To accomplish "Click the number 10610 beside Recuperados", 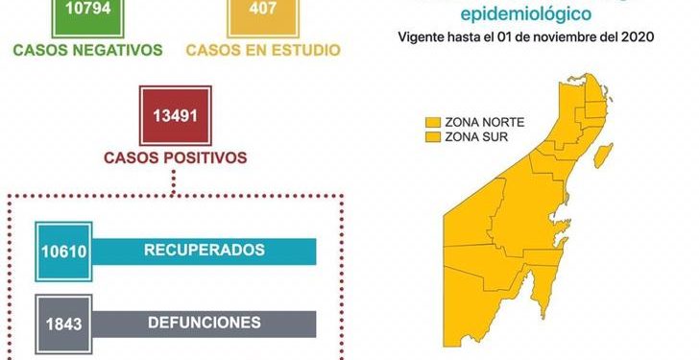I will click(x=61, y=252).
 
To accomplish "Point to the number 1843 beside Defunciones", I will click(x=61, y=324).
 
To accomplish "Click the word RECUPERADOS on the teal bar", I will click(x=205, y=250).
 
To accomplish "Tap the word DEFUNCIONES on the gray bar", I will click(x=205, y=322).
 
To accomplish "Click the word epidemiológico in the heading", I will click(x=526, y=14).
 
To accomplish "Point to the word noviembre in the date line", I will click(x=576, y=37).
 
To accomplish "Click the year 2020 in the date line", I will click(x=638, y=37).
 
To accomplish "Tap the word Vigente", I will click(x=421, y=37).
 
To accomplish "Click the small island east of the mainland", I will click(x=605, y=156).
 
